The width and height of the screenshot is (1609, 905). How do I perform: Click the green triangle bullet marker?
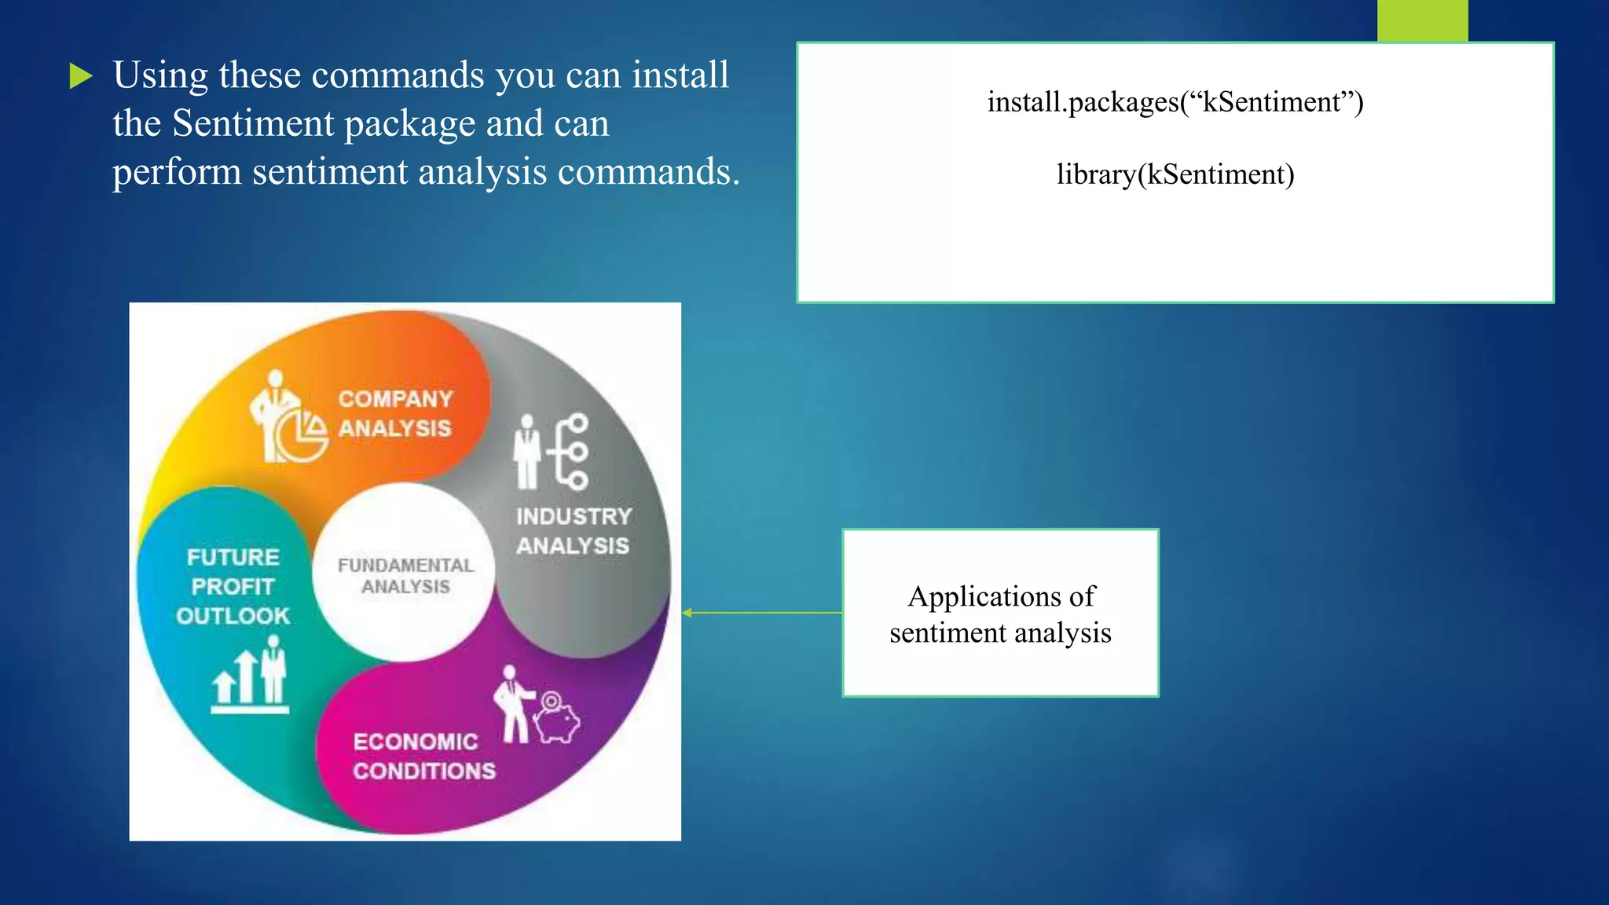81,76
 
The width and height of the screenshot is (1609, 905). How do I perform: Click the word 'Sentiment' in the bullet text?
253,123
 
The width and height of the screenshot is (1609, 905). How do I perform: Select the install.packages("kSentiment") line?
1175,102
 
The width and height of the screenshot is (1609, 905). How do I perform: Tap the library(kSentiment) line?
1175,174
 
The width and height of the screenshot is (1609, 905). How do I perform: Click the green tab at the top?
1422,20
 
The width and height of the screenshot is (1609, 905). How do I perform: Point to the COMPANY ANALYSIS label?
395,413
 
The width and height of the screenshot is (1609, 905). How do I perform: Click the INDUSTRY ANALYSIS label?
574,531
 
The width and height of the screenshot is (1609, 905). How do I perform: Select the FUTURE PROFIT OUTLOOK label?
233,586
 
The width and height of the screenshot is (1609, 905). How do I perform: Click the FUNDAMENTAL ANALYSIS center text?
405,576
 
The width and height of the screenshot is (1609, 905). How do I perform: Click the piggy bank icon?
558,718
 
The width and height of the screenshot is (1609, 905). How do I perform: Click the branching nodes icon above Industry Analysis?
570,452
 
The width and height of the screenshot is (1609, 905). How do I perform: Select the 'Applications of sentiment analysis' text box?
1000,614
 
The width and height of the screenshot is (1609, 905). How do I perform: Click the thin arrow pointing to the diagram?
762,613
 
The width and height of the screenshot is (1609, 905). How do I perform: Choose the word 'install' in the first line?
680,75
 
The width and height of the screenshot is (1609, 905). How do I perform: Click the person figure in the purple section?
513,704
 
